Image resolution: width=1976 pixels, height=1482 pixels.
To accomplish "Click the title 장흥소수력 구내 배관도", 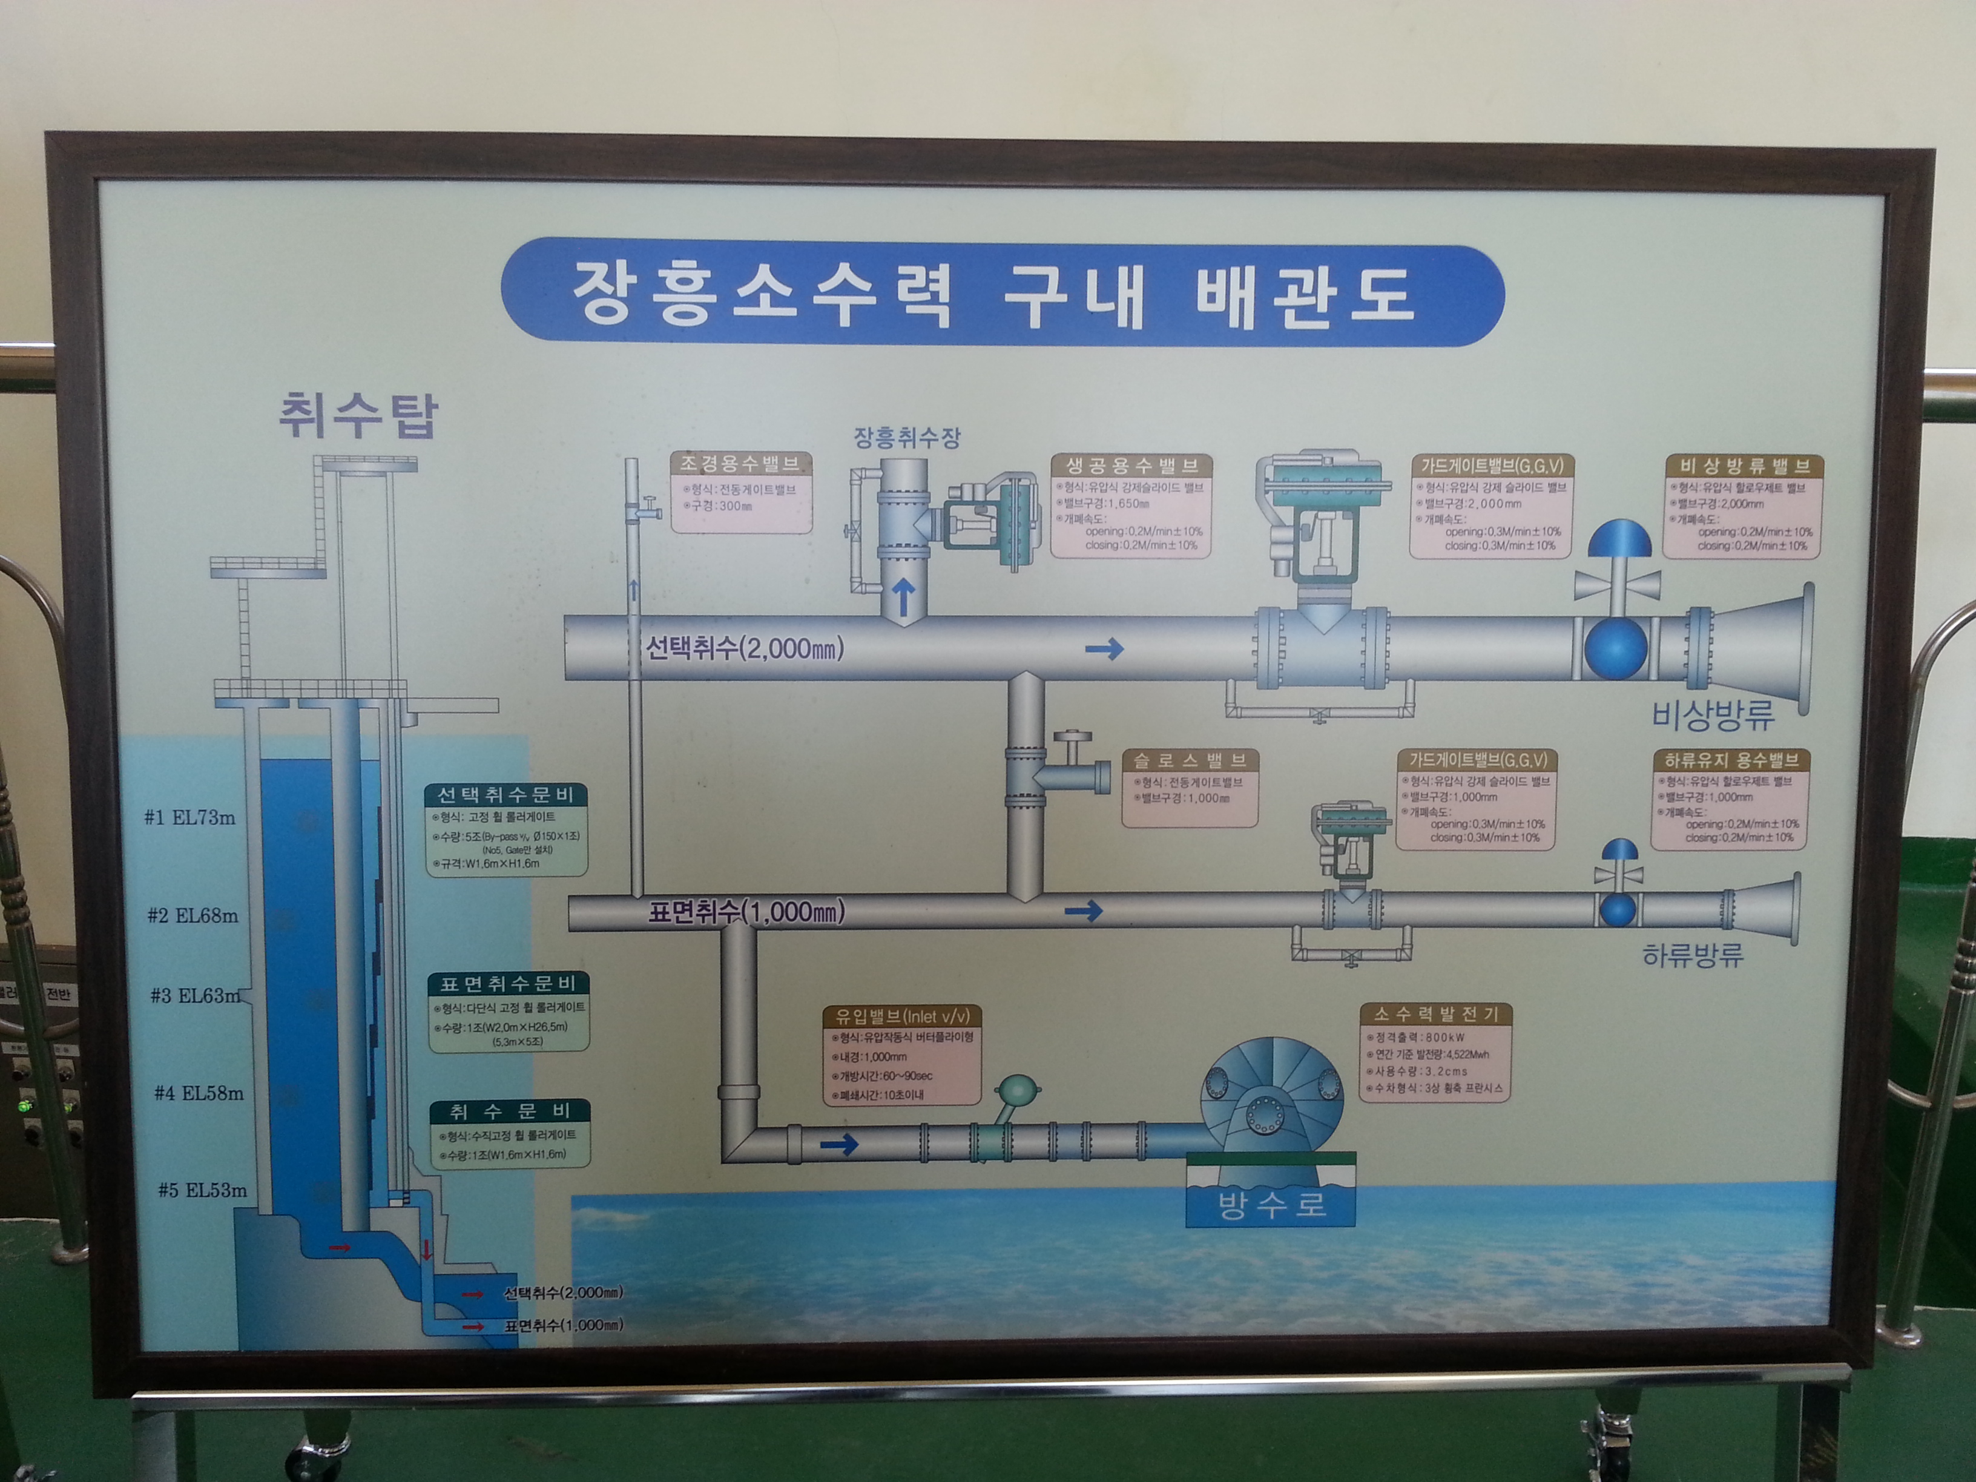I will [993, 292].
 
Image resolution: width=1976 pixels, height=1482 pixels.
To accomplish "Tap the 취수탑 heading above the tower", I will [358, 415].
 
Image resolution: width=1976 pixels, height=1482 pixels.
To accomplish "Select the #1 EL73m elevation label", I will [190, 817].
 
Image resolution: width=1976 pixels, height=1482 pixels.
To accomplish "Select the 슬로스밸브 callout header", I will [1190, 760].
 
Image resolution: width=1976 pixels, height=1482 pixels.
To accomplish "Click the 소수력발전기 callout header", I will [1435, 1014].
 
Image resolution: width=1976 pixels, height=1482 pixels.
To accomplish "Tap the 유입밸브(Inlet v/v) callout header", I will [902, 1016].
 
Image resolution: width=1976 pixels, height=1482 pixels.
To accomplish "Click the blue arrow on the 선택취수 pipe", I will [1104, 650].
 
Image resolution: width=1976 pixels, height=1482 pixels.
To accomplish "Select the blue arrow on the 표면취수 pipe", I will [1084, 911].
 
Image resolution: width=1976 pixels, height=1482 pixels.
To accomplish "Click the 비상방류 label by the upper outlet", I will [1713, 714].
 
